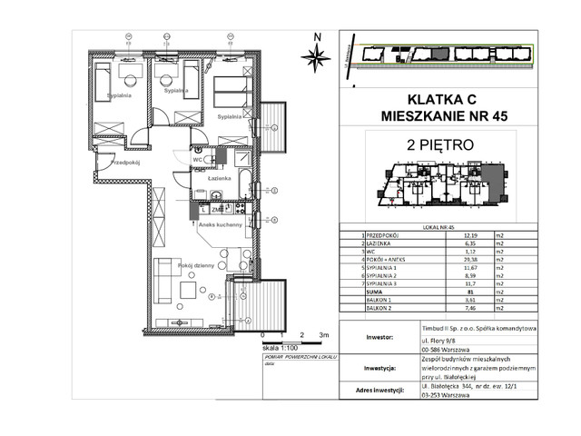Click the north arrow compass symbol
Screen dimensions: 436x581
pyautogui.click(x=317, y=55)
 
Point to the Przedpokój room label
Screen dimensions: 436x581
pyautogui.click(x=117, y=164)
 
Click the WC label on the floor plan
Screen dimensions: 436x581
pyautogui.click(x=196, y=160)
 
